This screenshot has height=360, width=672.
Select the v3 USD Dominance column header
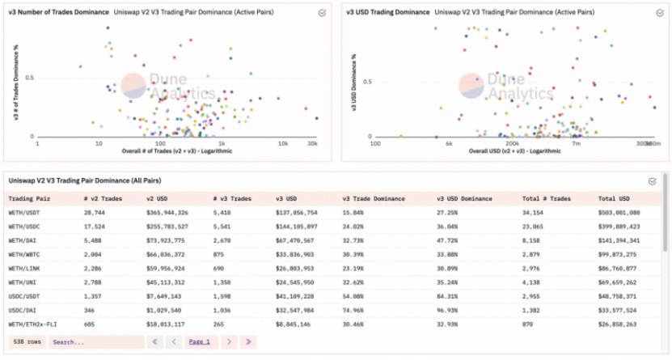click(464, 197)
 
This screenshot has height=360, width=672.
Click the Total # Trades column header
click(546, 197)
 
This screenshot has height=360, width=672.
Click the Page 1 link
click(199, 342)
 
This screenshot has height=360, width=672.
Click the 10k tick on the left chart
click(284, 143)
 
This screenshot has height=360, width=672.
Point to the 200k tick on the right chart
click(512, 143)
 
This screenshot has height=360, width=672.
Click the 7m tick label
click(577, 143)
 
